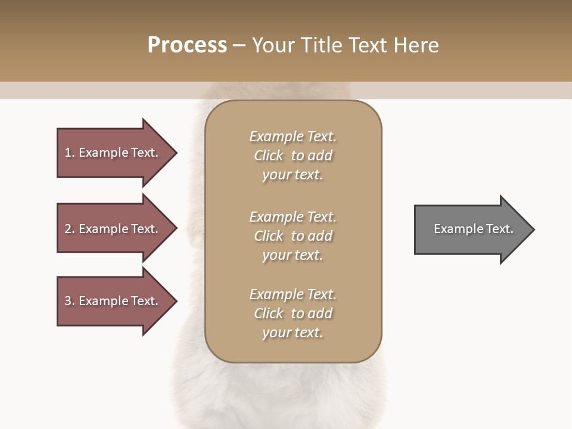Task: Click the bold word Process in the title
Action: (x=187, y=45)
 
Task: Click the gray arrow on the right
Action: (x=471, y=229)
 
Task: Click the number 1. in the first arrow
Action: (x=70, y=153)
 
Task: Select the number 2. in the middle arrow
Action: (x=70, y=229)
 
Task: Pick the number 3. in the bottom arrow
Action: (x=70, y=301)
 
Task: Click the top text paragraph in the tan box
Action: (x=293, y=156)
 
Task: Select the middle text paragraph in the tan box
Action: (x=293, y=236)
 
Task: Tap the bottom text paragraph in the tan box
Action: (x=293, y=313)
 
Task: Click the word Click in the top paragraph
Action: (x=269, y=156)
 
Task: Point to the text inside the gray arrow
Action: (x=473, y=229)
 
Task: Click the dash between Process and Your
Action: (x=240, y=45)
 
